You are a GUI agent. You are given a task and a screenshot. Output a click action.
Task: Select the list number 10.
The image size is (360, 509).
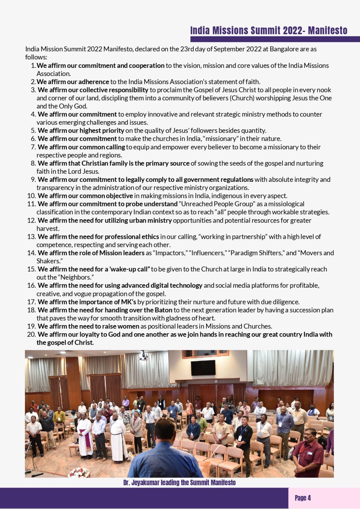tap(32, 196)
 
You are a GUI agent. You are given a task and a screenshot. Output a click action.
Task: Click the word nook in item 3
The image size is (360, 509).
tap(324, 90)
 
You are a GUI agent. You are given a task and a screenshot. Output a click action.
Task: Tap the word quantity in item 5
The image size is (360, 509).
tap(254, 131)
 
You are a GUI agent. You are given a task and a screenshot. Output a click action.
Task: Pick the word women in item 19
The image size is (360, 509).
tap(128, 326)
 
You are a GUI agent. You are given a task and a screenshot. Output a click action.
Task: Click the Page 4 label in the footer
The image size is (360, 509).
tap(303, 498)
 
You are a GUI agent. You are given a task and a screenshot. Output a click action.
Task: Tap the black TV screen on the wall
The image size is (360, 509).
tap(203, 367)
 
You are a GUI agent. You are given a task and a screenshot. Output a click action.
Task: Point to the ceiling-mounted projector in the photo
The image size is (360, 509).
tap(144, 356)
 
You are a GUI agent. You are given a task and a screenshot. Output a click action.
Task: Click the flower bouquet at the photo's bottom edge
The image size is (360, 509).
tap(79, 473)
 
